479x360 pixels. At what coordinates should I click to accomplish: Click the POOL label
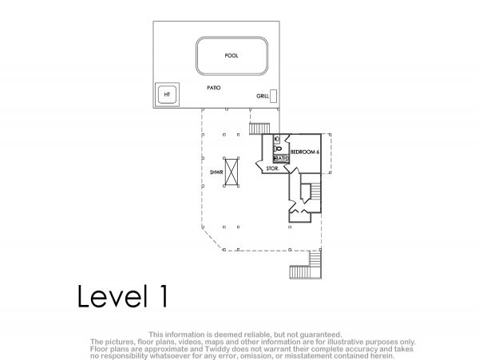[232, 56]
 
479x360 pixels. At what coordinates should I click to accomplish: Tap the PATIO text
[214, 88]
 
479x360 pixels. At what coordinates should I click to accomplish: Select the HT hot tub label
[167, 95]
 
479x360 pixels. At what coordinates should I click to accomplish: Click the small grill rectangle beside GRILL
[273, 96]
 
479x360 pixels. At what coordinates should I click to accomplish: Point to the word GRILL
[263, 96]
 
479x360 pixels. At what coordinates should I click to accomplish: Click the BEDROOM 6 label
[305, 152]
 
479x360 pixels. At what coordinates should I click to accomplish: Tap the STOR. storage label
[272, 168]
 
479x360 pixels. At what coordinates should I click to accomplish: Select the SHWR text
[216, 172]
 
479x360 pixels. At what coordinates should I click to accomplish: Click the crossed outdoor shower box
[232, 172]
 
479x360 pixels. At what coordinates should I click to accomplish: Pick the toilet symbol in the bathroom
[278, 148]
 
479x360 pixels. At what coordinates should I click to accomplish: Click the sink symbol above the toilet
[276, 139]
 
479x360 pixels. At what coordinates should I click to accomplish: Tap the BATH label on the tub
[281, 159]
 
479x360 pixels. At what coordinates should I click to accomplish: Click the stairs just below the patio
[259, 129]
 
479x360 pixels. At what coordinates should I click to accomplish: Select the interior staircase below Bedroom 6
[315, 191]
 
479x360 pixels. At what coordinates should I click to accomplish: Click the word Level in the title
[110, 296]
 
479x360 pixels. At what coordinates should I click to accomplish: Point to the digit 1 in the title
[164, 296]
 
